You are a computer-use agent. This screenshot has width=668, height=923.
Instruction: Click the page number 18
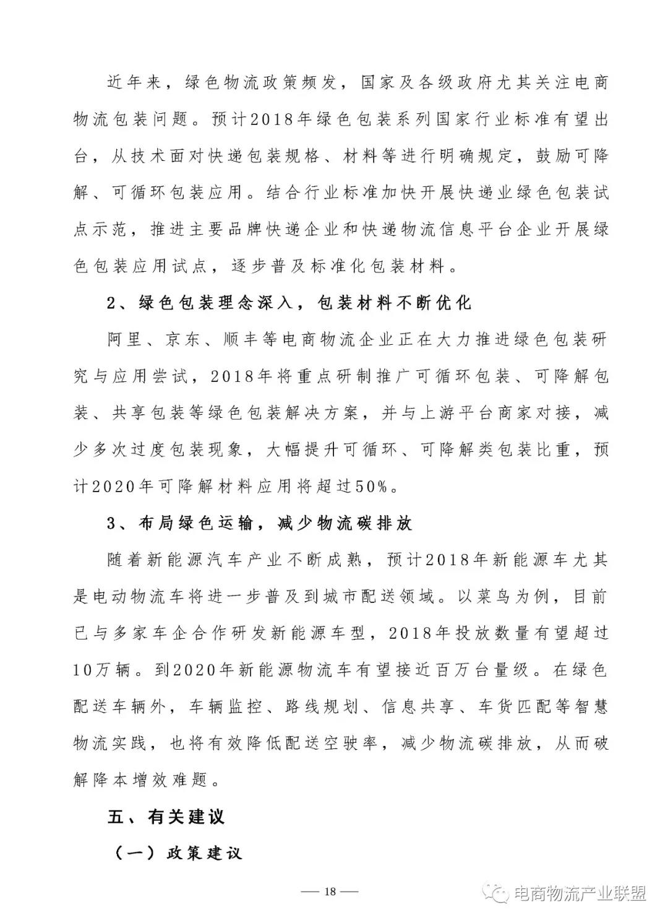329,891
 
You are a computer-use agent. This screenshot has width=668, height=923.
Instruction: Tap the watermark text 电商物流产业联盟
580,893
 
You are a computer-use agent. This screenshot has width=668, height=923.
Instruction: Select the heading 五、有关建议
166,817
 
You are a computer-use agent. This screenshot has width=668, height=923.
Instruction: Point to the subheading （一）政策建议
178,854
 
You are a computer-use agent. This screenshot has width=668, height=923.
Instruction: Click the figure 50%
371,487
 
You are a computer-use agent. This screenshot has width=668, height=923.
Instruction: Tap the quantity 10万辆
103,670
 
